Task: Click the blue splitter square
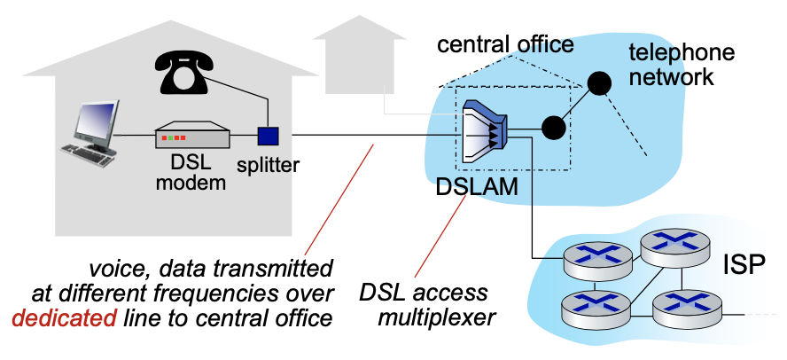tap(268, 136)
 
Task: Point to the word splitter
tap(268, 164)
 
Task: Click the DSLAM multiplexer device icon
tap(484, 130)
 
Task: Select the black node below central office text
tap(599, 82)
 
